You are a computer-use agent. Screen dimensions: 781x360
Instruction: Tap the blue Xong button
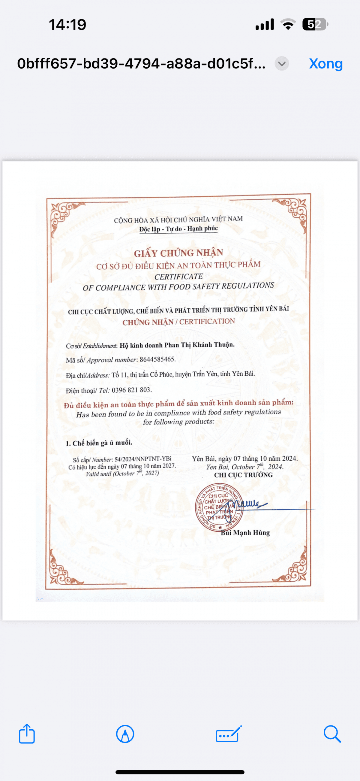(326, 64)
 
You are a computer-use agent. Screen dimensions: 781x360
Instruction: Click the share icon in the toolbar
(27, 734)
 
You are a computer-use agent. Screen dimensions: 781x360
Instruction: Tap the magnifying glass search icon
(332, 734)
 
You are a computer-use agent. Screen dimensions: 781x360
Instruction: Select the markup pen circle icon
(125, 734)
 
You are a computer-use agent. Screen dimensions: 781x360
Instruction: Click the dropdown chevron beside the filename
(282, 64)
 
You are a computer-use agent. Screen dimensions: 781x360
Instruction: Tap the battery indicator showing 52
(315, 24)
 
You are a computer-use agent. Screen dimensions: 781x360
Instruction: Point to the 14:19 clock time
(67, 25)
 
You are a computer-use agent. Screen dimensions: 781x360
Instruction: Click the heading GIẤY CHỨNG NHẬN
(178, 253)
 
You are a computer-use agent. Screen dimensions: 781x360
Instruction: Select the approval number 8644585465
(157, 359)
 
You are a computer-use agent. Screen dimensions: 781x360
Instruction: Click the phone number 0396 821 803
(131, 390)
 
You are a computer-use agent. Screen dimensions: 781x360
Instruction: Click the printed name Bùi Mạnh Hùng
(245, 533)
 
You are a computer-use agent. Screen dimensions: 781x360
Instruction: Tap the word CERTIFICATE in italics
(178, 277)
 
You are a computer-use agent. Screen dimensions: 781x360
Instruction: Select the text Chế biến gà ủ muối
(102, 443)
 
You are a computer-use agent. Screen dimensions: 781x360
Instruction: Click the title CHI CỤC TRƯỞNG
(243, 475)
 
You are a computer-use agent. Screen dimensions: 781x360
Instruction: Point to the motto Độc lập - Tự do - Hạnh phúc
(178, 229)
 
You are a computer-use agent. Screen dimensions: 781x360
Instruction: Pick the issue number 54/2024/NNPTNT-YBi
(143, 459)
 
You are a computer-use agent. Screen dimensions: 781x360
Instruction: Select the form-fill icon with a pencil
(229, 734)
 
